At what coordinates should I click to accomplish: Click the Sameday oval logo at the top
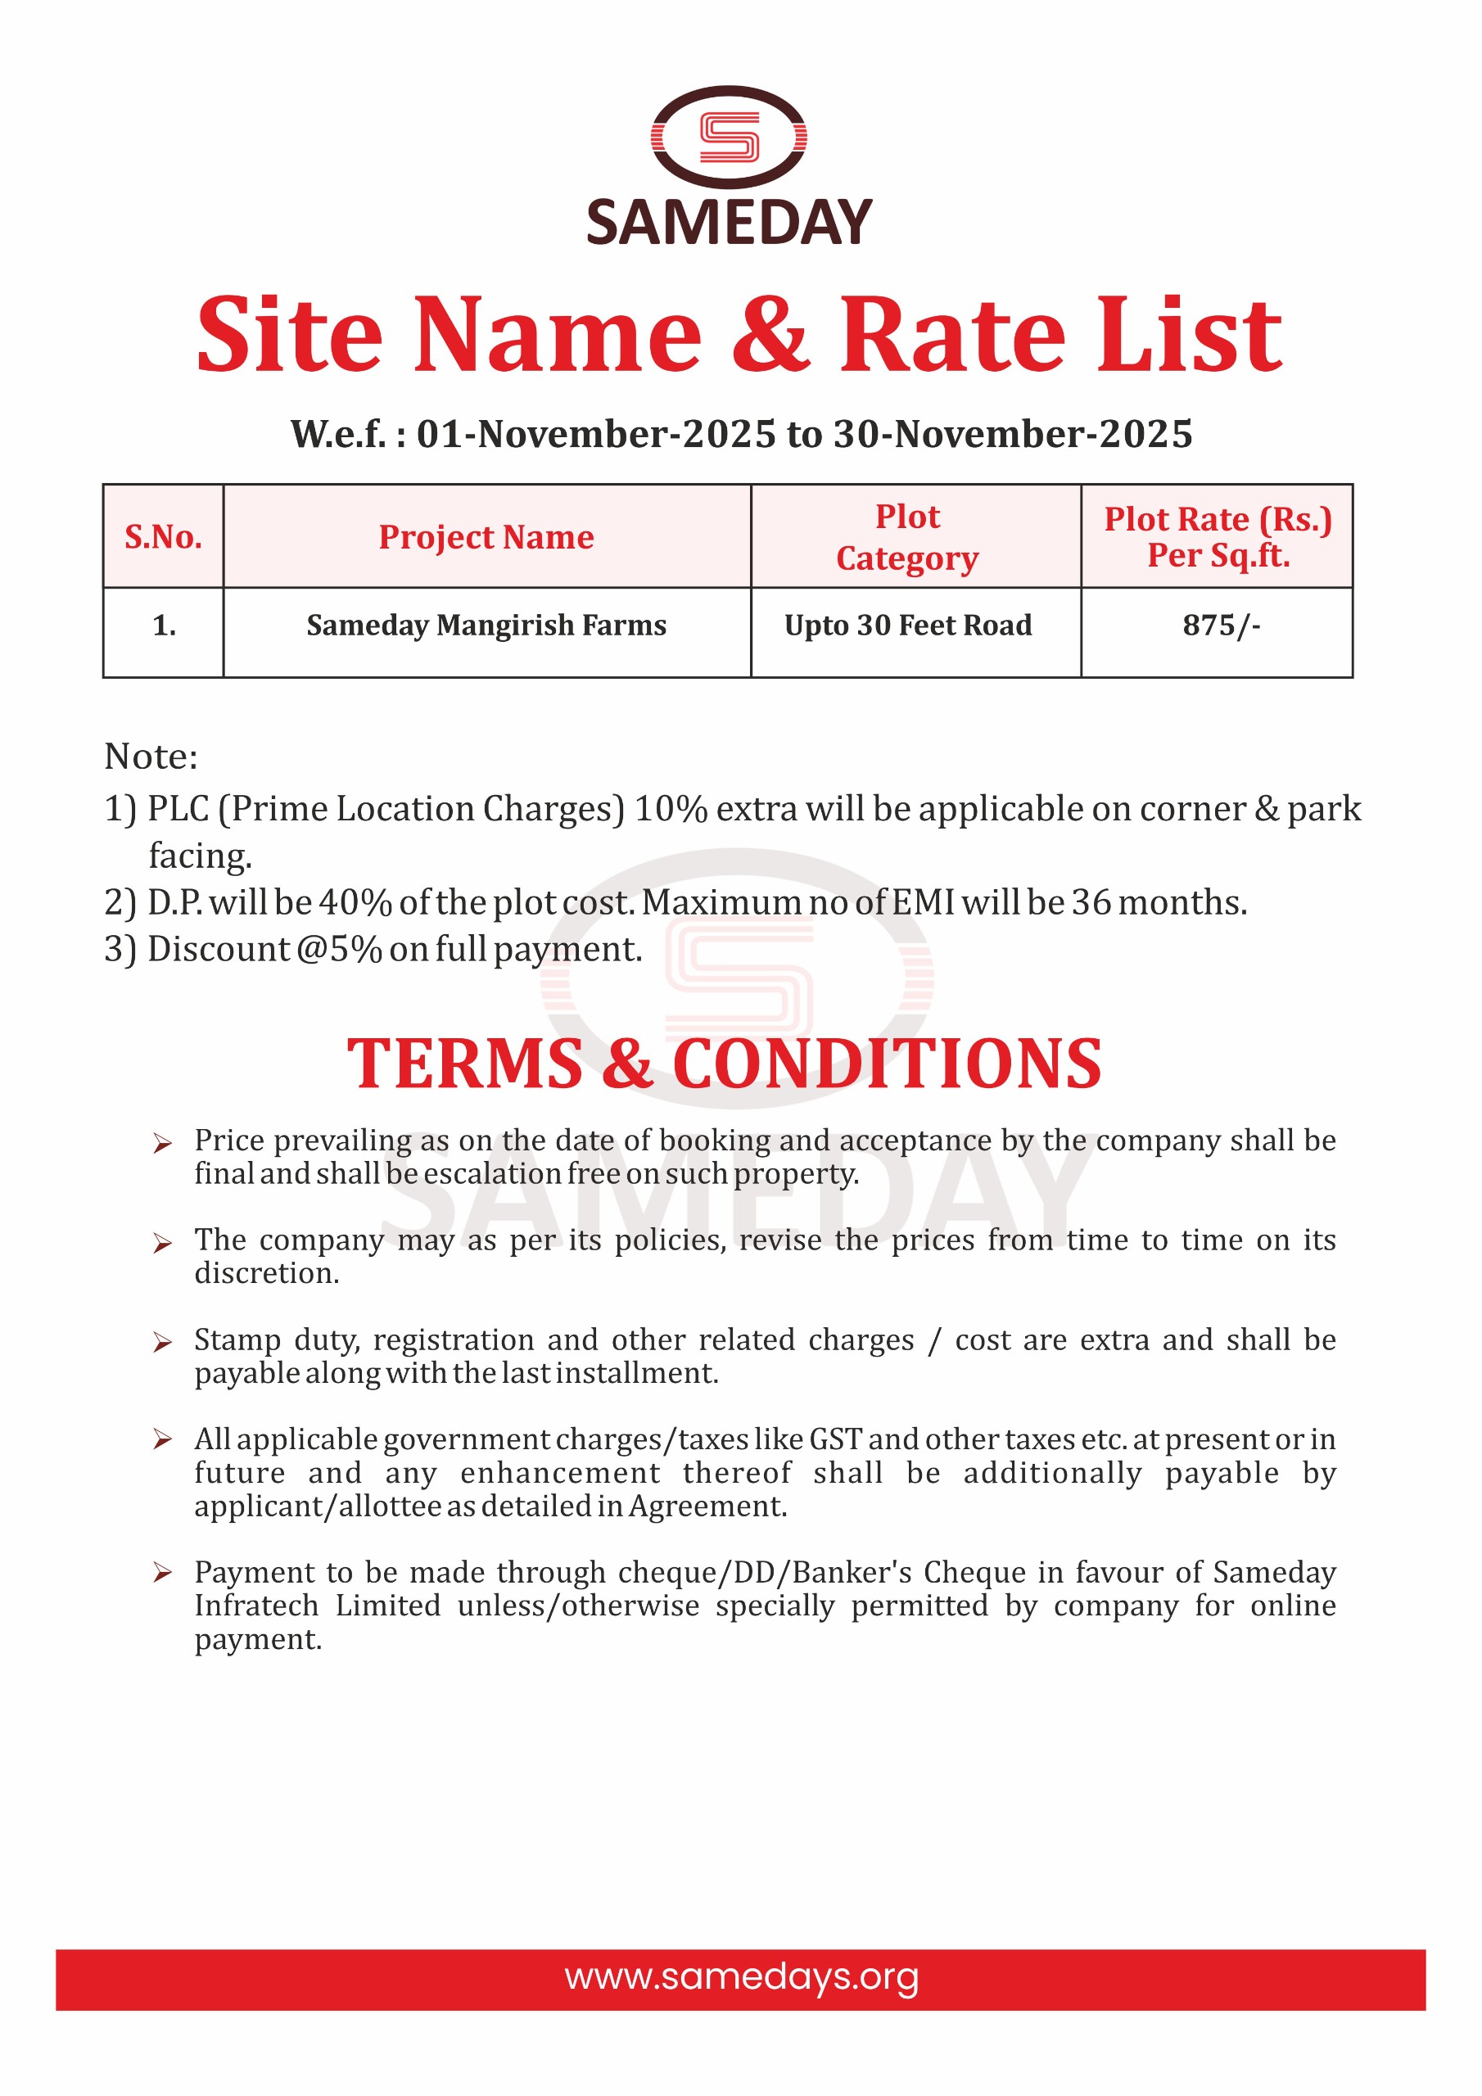[x=729, y=137]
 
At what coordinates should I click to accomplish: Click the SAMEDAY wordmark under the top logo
[x=729, y=223]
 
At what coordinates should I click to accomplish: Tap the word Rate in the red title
[x=951, y=335]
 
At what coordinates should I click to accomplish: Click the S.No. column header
[x=164, y=537]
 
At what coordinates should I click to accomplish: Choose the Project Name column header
[x=486, y=537]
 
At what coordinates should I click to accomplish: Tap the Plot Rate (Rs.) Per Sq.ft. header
[x=1218, y=537]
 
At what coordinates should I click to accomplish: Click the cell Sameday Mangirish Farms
[x=486, y=626]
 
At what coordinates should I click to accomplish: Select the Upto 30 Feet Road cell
[x=908, y=626]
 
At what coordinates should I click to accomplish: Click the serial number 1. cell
[x=165, y=626]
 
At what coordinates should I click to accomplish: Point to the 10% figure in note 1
[x=671, y=809]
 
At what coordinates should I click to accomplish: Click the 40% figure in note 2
[x=355, y=903]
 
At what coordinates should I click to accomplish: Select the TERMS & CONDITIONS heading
[x=724, y=1064]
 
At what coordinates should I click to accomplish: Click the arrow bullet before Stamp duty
[x=163, y=1342]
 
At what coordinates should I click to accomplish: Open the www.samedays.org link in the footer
[x=740, y=1977]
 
